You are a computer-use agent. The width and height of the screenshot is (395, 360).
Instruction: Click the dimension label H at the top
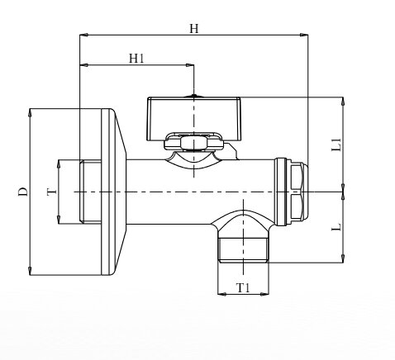[194, 28]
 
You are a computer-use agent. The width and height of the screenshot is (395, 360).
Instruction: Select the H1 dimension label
[136, 59]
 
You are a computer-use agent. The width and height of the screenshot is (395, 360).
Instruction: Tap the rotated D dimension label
[23, 192]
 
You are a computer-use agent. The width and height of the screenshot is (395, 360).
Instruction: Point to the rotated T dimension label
[52, 192]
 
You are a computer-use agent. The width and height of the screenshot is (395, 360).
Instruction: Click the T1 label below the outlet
[243, 288]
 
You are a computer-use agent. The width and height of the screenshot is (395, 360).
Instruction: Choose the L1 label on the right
[336, 144]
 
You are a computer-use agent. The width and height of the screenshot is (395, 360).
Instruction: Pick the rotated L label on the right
[336, 227]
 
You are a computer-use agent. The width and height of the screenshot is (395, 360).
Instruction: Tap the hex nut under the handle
[193, 143]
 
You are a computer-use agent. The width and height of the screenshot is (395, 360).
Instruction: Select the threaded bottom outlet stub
[243, 250]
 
